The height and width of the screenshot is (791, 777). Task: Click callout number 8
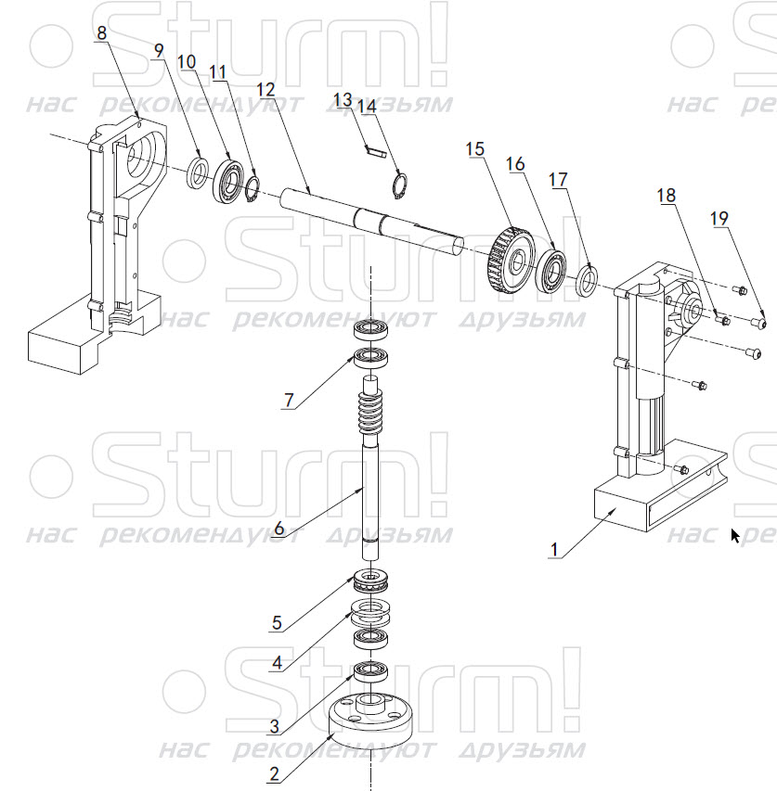tap(102, 33)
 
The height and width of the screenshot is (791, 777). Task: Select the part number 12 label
tap(266, 90)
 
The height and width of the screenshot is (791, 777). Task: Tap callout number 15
tap(475, 148)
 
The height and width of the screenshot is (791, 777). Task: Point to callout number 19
tap(719, 219)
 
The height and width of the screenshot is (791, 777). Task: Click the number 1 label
tap(554, 549)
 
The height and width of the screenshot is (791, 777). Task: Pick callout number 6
tap(278, 529)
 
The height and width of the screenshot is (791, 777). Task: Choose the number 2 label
tap(274, 774)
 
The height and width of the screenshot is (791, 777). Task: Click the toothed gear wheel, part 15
tap(512, 260)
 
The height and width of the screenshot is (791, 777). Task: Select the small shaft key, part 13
tap(375, 150)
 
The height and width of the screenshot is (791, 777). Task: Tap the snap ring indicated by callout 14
tap(400, 185)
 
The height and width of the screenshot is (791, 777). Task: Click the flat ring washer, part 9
tap(198, 173)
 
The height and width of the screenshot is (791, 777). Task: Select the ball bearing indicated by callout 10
tap(230, 181)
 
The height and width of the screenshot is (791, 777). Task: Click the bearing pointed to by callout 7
tap(370, 358)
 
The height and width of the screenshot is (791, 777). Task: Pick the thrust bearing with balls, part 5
tap(370, 581)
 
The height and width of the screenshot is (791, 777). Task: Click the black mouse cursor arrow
tap(735, 536)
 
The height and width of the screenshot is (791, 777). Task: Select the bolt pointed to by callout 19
tap(758, 321)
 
